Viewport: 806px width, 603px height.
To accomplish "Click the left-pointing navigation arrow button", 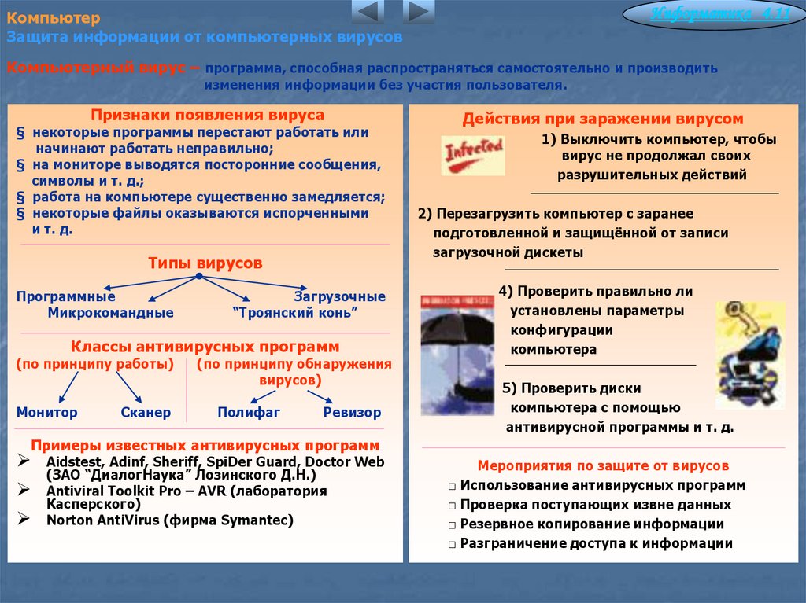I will coord(368,13).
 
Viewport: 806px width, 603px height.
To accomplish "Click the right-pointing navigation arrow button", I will coord(419,13).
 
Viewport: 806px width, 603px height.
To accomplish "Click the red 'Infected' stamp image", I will coord(473,154).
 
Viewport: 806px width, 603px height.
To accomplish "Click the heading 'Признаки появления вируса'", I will coord(207,115).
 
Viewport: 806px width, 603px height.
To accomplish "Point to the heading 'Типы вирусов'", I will coord(205,263).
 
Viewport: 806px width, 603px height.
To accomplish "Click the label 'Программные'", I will coord(66,297).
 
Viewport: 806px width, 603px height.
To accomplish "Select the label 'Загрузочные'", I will coord(340,297).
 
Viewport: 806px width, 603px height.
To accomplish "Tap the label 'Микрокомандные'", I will coord(111,313).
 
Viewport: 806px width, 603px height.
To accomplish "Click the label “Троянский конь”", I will coord(295,313).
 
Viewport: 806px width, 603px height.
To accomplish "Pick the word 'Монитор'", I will coord(47,412).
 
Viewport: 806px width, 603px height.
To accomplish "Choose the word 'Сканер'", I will coord(146,412).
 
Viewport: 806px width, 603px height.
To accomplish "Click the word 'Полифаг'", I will coord(249,412).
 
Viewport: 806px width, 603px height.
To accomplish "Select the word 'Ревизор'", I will coord(352,412).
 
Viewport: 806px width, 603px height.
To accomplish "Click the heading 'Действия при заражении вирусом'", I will coord(603,119).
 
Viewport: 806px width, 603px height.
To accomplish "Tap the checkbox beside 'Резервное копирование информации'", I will coord(452,525).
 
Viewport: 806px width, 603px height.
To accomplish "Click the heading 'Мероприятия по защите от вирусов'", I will coord(603,465).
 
